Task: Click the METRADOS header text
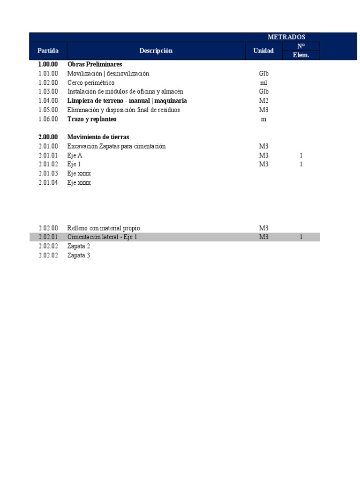point(286,37)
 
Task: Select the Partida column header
point(48,51)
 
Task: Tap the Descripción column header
point(156,51)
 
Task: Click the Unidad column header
point(263,51)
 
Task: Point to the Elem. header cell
point(301,55)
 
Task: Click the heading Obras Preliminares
point(95,64)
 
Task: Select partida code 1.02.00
point(48,82)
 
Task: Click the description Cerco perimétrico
point(91,82)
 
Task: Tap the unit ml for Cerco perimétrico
point(263,82)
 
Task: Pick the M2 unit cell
point(263,101)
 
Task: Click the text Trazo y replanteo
point(92,119)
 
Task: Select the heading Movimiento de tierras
point(98,137)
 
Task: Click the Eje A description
point(75,155)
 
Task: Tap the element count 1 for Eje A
point(301,155)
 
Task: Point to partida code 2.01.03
point(48,173)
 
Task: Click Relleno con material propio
point(104,228)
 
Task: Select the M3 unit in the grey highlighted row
point(263,237)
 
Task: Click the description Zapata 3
point(79,255)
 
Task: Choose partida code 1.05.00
point(48,110)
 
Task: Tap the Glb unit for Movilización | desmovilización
point(263,74)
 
